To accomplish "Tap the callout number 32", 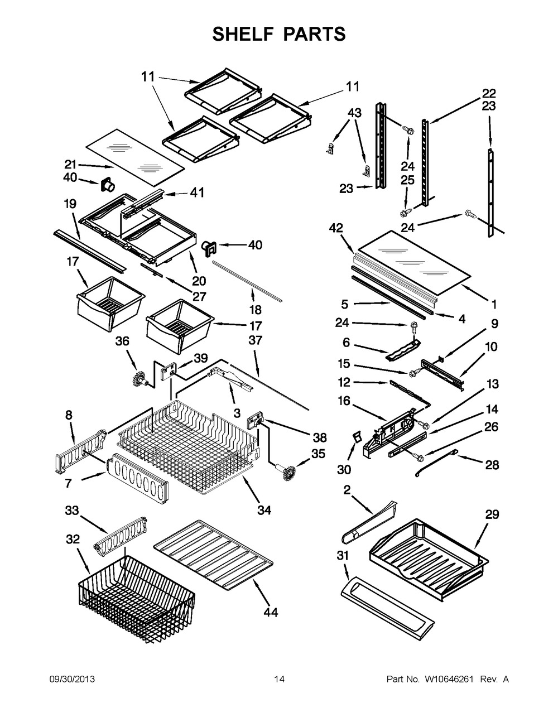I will (73, 540).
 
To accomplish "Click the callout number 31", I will (344, 555).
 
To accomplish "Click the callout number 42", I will (336, 228).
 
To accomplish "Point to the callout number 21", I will (70, 165).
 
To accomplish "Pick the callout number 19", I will (70, 204).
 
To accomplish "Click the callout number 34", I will (264, 509).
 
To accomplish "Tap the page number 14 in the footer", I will (280, 679).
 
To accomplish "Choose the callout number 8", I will (69, 415).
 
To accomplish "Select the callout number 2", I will (347, 490).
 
